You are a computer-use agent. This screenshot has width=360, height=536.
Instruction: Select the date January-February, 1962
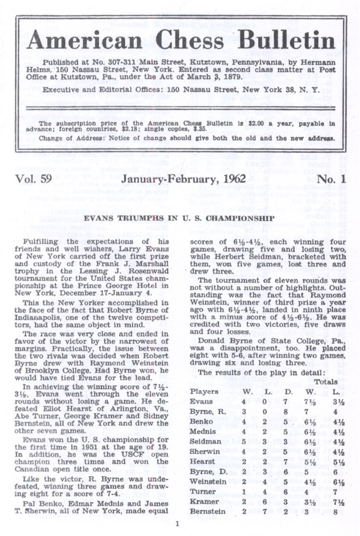(183, 180)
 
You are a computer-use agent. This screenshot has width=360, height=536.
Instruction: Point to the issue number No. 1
(331, 180)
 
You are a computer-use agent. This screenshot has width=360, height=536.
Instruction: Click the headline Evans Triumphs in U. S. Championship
(181, 218)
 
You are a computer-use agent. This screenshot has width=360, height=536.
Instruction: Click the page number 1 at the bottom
(177, 524)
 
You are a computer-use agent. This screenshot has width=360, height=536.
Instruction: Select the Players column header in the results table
(204, 391)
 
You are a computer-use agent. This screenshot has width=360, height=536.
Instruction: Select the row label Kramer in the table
(202, 502)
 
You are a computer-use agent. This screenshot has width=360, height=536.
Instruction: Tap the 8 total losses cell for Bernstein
(339, 511)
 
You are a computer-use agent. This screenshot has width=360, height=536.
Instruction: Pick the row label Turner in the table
(201, 492)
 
